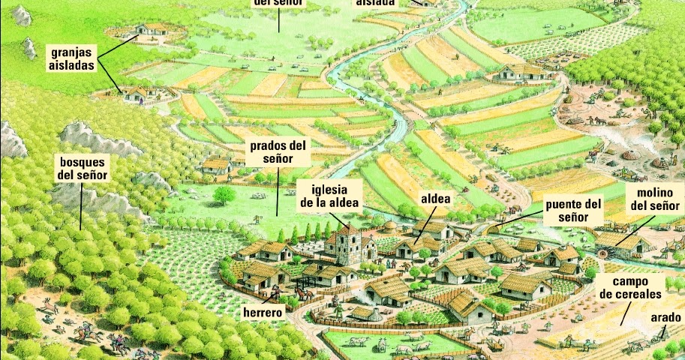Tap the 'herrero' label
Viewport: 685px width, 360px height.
tap(263, 311)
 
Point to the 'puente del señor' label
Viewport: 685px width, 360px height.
tap(574, 210)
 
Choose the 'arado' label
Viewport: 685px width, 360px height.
tap(665, 318)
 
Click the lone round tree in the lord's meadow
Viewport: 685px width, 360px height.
tap(223, 195)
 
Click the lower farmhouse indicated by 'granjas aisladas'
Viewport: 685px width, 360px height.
tap(136, 93)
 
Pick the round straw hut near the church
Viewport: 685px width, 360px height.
tap(389, 227)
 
